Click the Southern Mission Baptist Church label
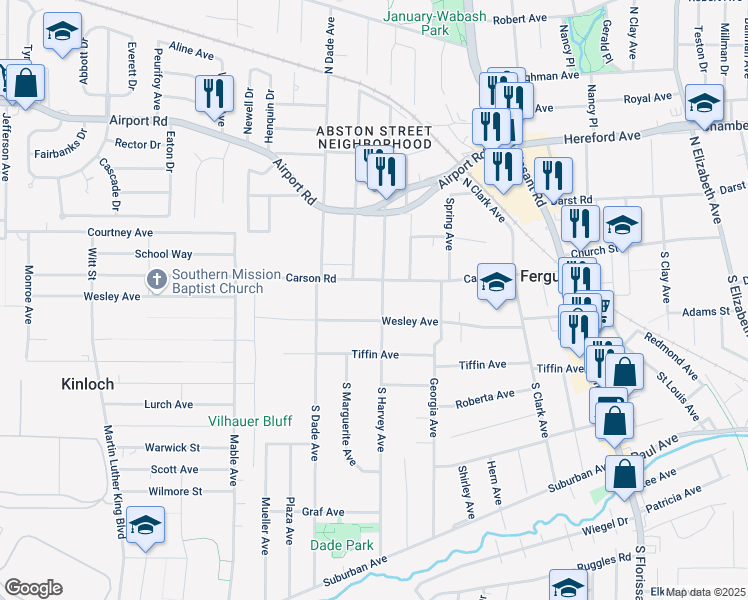[x=217, y=282]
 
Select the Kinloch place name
[x=87, y=384]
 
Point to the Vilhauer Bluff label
[x=249, y=422]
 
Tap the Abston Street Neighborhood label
[x=374, y=137]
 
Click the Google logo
[x=32, y=588]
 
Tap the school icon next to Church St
[x=621, y=227]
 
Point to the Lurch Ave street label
[x=168, y=405]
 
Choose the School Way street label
[x=168, y=255]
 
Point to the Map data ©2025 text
[x=705, y=592]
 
